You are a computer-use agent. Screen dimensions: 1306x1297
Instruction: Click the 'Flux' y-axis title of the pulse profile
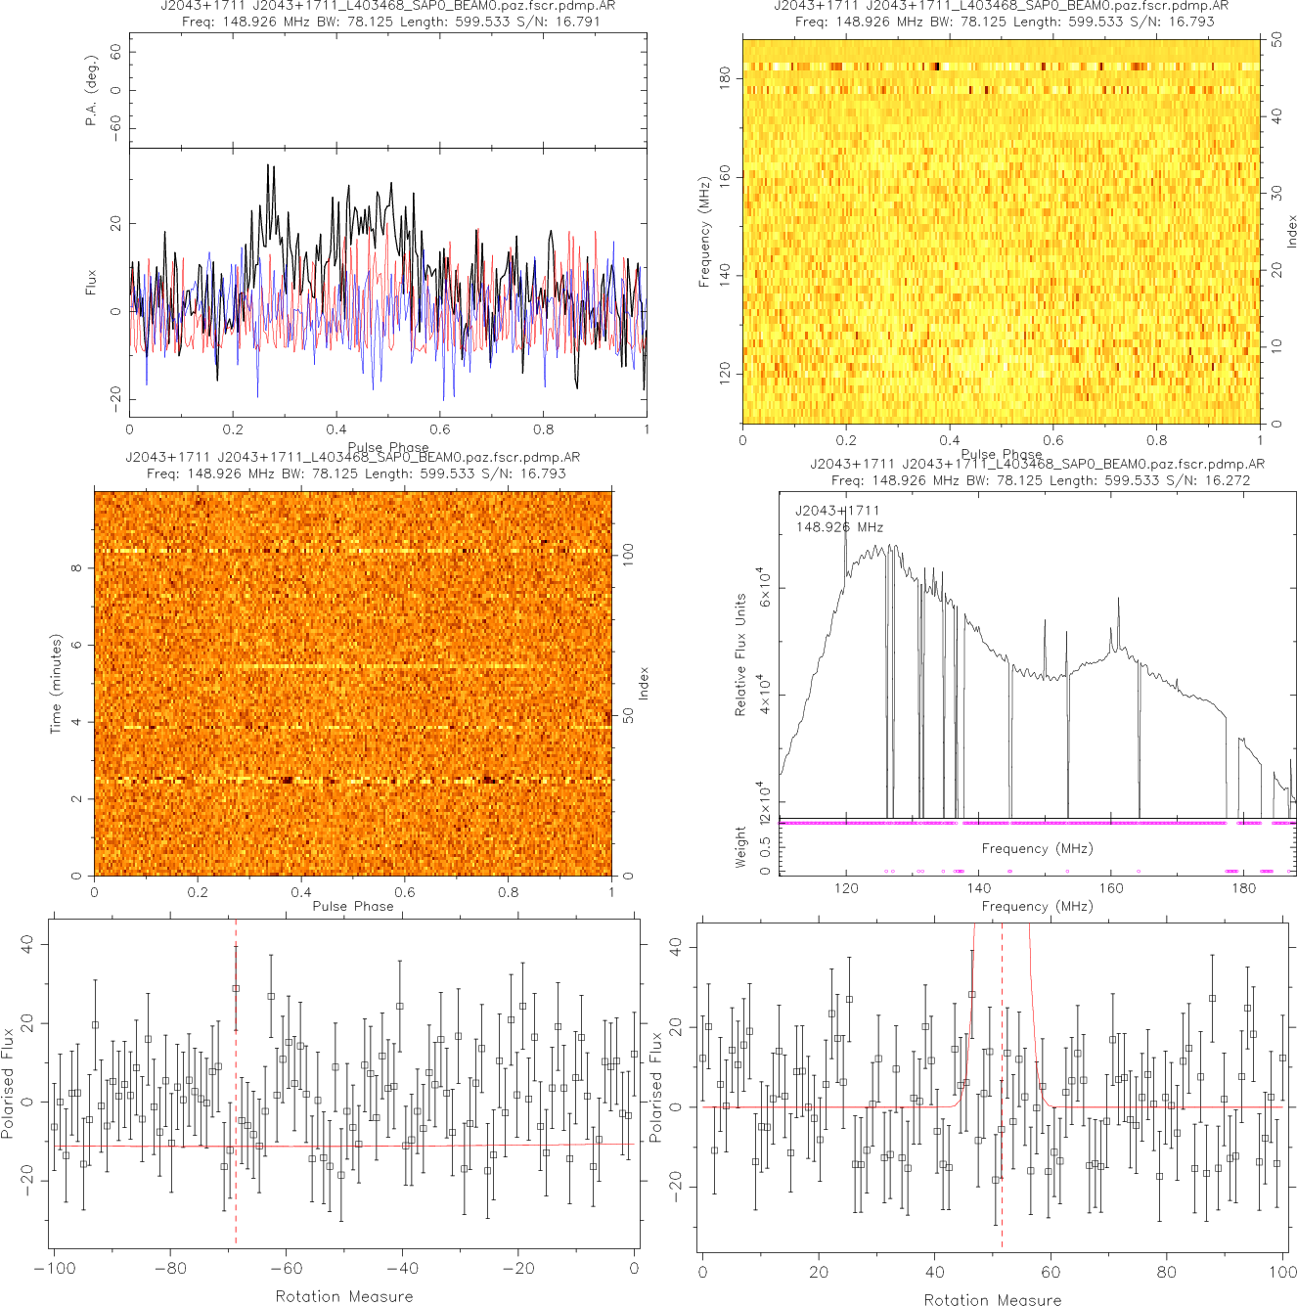pos(92,283)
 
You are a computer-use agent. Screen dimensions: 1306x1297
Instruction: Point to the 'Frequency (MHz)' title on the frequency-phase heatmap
pos(703,232)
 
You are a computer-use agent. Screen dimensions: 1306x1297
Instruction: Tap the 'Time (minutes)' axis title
pos(56,684)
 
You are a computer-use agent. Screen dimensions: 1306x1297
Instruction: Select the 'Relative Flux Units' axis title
pos(740,654)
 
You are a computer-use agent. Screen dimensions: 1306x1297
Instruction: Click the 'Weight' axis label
pos(740,847)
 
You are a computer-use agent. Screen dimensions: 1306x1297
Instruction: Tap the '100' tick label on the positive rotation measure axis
pos(1282,1273)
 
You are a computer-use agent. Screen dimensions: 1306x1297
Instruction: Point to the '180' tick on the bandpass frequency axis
pos(1243,888)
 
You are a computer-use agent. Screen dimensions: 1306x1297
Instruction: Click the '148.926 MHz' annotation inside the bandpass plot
pos(839,527)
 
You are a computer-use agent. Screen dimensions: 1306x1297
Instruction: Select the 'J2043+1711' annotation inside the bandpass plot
pos(837,511)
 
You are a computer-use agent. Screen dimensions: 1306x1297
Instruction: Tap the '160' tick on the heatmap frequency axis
pos(725,177)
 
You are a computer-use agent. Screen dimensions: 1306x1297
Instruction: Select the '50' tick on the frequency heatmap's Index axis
pos(1276,41)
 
